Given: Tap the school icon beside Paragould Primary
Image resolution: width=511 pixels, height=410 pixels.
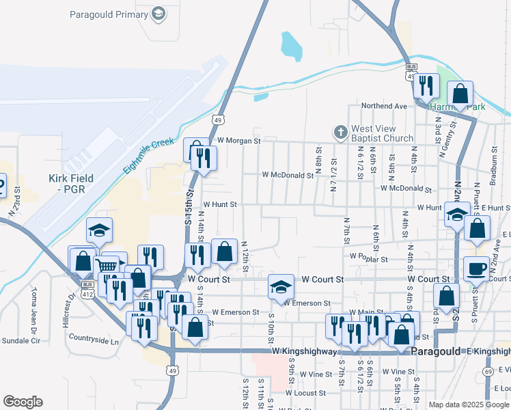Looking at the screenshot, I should (x=158, y=14).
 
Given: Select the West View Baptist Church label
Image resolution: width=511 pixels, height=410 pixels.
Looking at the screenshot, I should (x=382, y=133).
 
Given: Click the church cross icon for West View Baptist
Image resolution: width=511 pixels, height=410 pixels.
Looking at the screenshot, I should (x=340, y=131).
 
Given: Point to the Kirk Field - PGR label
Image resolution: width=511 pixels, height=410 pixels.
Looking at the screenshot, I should (x=71, y=183).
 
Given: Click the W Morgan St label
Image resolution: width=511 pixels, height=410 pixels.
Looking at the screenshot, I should (x=235, y=141).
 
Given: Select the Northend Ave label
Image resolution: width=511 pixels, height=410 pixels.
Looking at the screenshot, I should (x=384, y=106).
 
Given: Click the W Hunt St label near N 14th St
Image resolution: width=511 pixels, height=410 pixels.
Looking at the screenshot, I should (x=219, y=204).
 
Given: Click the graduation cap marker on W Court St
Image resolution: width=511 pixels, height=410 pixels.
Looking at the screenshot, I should (x=280, y=286).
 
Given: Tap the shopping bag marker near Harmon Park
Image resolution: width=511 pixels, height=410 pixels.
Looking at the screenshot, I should (x=460, y=94).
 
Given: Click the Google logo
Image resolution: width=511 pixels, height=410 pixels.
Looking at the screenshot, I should (x=23, y=402).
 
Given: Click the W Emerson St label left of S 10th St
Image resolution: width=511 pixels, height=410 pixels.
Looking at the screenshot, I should (x=235, y=312).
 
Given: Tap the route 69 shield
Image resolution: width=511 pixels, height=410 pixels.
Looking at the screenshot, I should (x=487, y=371).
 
